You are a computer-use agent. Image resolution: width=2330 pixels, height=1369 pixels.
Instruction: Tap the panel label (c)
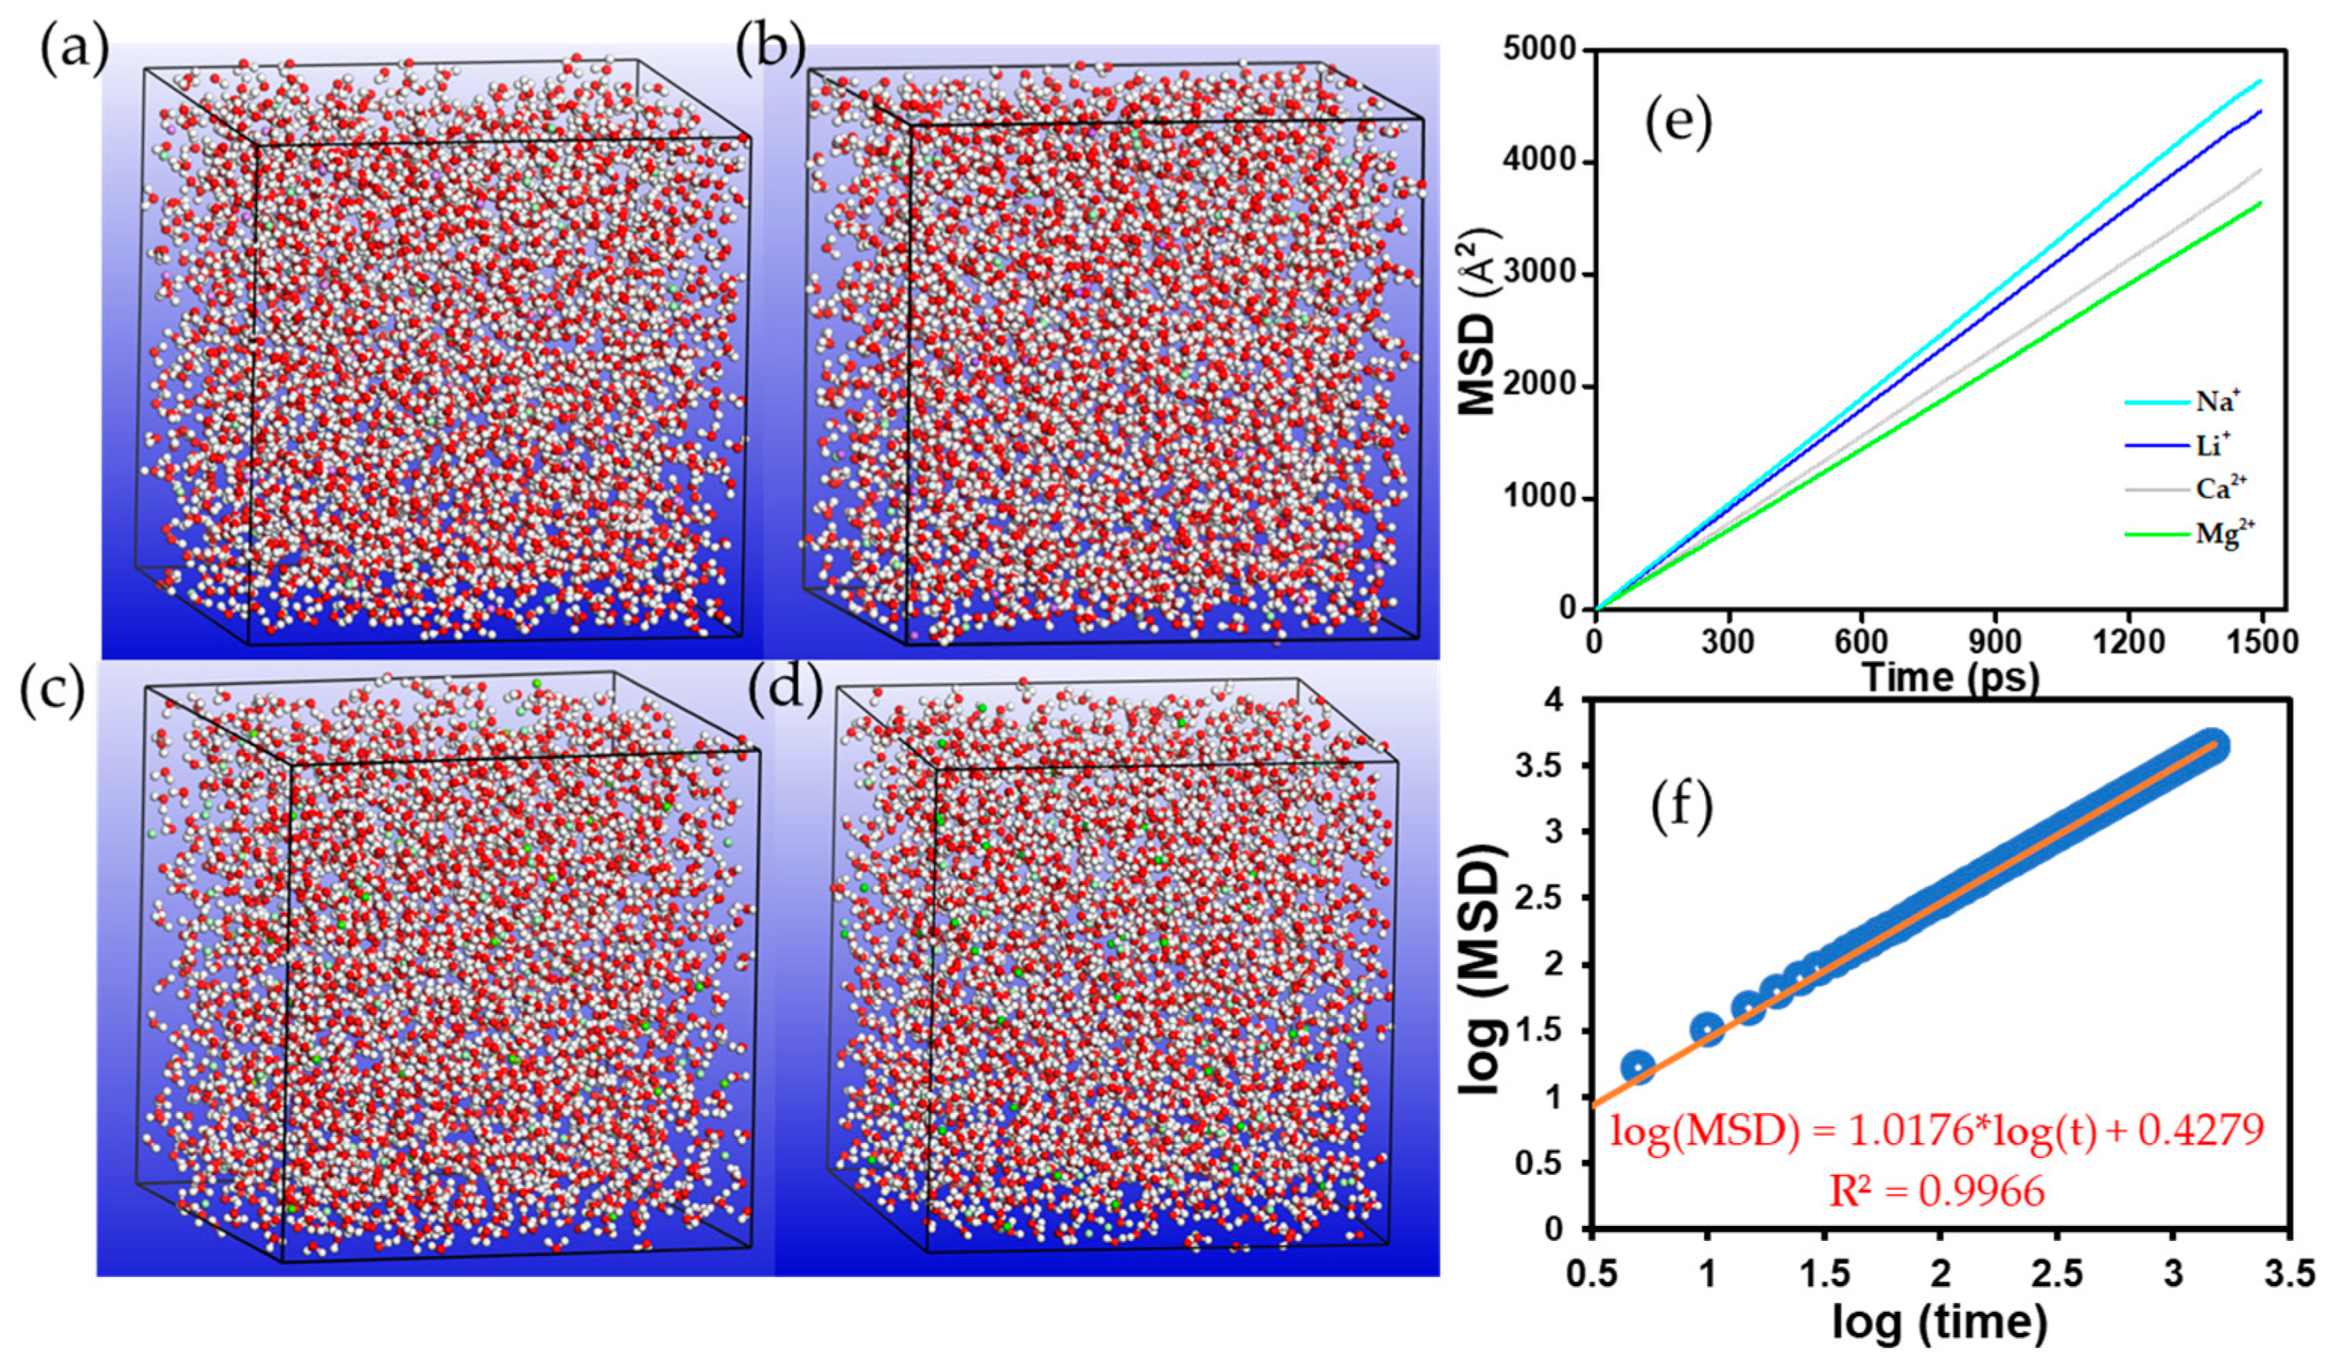52,692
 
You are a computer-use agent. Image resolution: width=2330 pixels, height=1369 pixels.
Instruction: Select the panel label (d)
785,693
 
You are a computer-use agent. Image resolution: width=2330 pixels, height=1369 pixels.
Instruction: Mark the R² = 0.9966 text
1937,1192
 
